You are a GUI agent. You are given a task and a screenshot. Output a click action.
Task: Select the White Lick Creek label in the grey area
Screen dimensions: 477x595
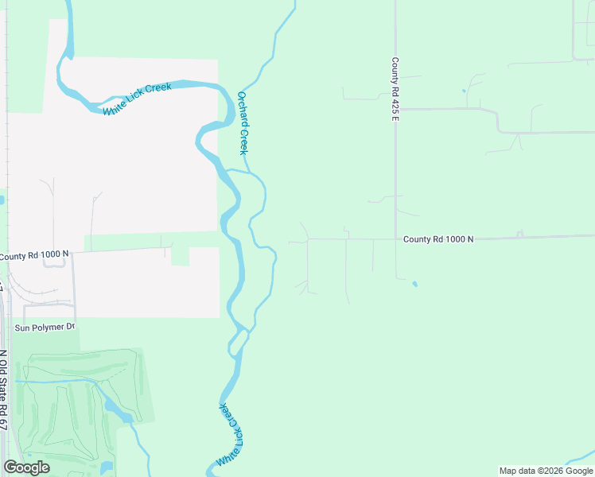point(137,99)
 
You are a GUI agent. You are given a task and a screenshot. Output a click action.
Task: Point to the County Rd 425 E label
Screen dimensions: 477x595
point(395,89)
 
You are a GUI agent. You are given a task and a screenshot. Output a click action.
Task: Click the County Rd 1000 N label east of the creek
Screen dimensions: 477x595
point(438,239)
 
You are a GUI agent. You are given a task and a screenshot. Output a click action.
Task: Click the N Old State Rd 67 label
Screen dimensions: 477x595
point(3,390)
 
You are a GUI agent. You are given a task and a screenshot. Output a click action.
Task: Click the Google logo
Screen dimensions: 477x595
point(26,467)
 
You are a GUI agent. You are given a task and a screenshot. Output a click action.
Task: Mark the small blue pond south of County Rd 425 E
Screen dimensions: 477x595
point(414,283)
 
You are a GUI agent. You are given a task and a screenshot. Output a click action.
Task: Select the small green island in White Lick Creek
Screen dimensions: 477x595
point(237,343)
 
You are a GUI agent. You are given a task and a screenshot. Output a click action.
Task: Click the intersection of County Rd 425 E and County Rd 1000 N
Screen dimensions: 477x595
point(395,238)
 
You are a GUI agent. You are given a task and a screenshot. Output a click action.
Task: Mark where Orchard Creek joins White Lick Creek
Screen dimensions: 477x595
point(228,170)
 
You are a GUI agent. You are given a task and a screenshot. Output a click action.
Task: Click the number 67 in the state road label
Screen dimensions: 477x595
point(3,421)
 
